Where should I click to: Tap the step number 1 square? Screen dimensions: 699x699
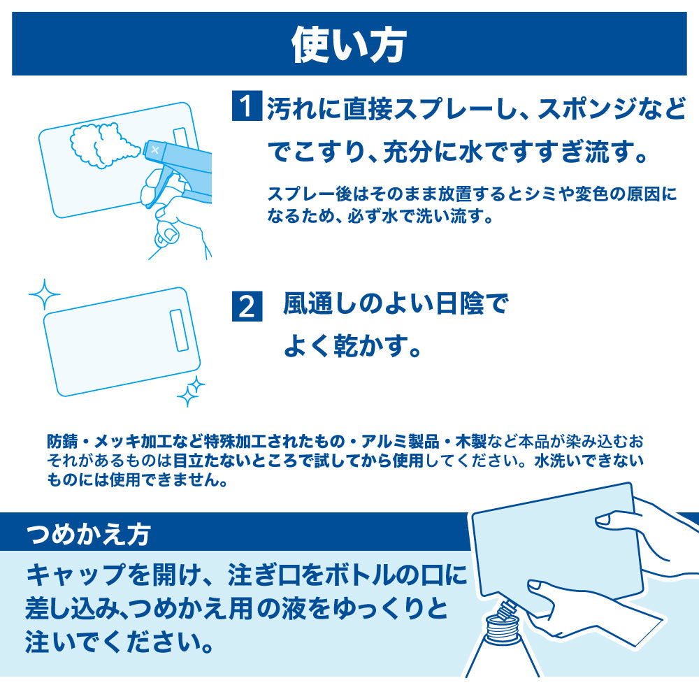[x=246, y=108]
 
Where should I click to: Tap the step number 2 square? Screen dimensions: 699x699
[x=246, y=308]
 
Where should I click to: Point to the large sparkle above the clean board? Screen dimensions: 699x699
[x=44, y=294]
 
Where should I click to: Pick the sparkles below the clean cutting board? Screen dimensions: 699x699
[x=190, y=391]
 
